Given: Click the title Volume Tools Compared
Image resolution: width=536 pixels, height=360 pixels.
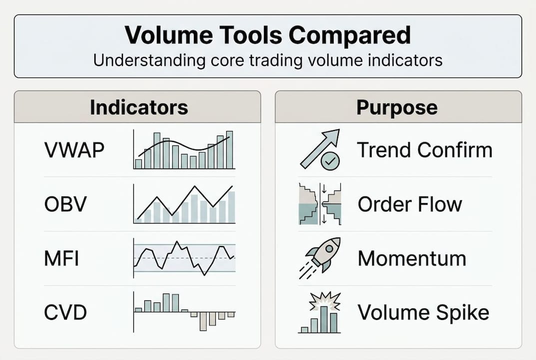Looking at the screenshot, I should pyautogui.click(x=268, y=35).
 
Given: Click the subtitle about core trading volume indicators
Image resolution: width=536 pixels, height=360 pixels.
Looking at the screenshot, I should pyautogui.click(x=268, y=60).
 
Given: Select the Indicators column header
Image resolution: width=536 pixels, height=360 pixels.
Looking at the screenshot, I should pyautogui.click(x=138, y=107).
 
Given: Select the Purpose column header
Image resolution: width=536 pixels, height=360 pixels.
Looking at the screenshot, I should pyautogui.click(x=397, y=107).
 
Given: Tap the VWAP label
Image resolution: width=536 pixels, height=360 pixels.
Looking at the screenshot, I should pyautogui.click(x=74, y=150).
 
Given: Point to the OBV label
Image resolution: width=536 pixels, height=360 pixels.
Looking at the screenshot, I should pyautogui.click(x=65, y=204).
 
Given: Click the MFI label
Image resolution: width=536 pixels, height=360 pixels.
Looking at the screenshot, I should pyautogui.click(x=61, y=258).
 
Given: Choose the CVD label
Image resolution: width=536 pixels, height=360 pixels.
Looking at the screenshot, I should pyautogui.click(x=65, y=312).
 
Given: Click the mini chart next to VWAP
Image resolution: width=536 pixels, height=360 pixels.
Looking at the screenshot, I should pyautogui.click(x=184, y=150).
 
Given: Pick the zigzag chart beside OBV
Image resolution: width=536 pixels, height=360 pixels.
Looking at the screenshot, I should pyautogui.click(x=184, y=204).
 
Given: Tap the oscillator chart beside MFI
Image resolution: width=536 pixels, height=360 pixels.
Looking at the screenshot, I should pyautogui.click(x=184, y=258).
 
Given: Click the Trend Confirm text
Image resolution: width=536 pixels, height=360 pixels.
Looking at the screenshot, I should pyautogui.click(x=425, y=150).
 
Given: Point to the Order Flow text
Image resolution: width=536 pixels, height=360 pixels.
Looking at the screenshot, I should pyautogui.click(x=410, y=204).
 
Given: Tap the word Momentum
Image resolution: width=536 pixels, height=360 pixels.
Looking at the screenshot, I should pyautogui.click(x=412, y=258).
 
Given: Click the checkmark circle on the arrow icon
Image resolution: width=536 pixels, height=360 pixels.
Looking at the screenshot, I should pyautogui.click(x=330, y=160).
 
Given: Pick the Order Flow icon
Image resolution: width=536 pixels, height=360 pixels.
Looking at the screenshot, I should pyautogui.click(x=320, y=204).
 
